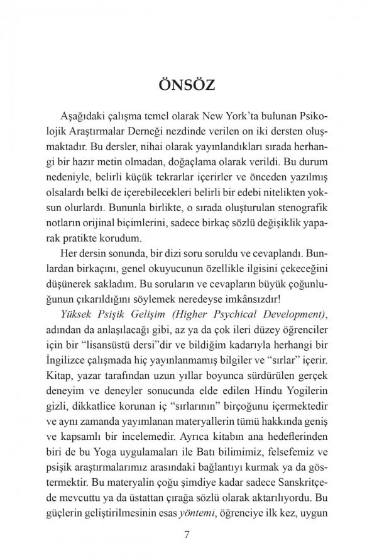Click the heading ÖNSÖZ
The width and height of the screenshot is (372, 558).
(x=186, y=85)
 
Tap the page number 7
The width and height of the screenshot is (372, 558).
(x=186, y=535)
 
